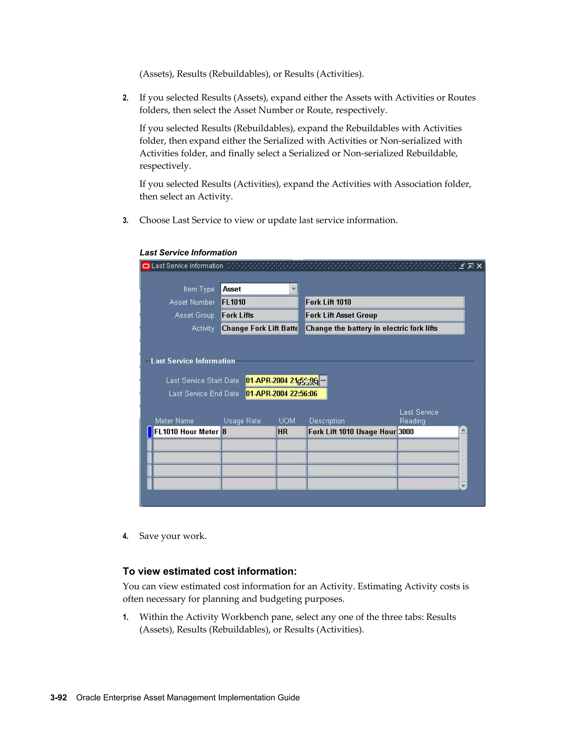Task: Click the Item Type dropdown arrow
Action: (x=294, y=289)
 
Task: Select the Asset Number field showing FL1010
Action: (x=259, y=302)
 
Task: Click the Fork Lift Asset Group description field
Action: (x=384, y=315)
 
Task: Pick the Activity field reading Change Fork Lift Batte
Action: (x=259, y=328)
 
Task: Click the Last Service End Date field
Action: (x=286, y=394)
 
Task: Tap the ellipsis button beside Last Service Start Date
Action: (x=323, y=380)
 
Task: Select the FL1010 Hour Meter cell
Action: (x=186, y=432)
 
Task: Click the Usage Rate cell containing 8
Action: (x=248, y=432)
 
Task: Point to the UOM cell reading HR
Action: (x=291, y=432)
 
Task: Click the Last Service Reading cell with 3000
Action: (x=427, y=432)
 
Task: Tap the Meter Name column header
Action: (x=174, y=421)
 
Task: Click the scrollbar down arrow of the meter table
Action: (x=463, y=486)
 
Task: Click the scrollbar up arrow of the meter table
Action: (x=463, y=430)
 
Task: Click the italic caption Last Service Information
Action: (x=188, y=252)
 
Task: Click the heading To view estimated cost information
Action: (x=209, y=571)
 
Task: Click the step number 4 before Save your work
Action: (x=125, y=536)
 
